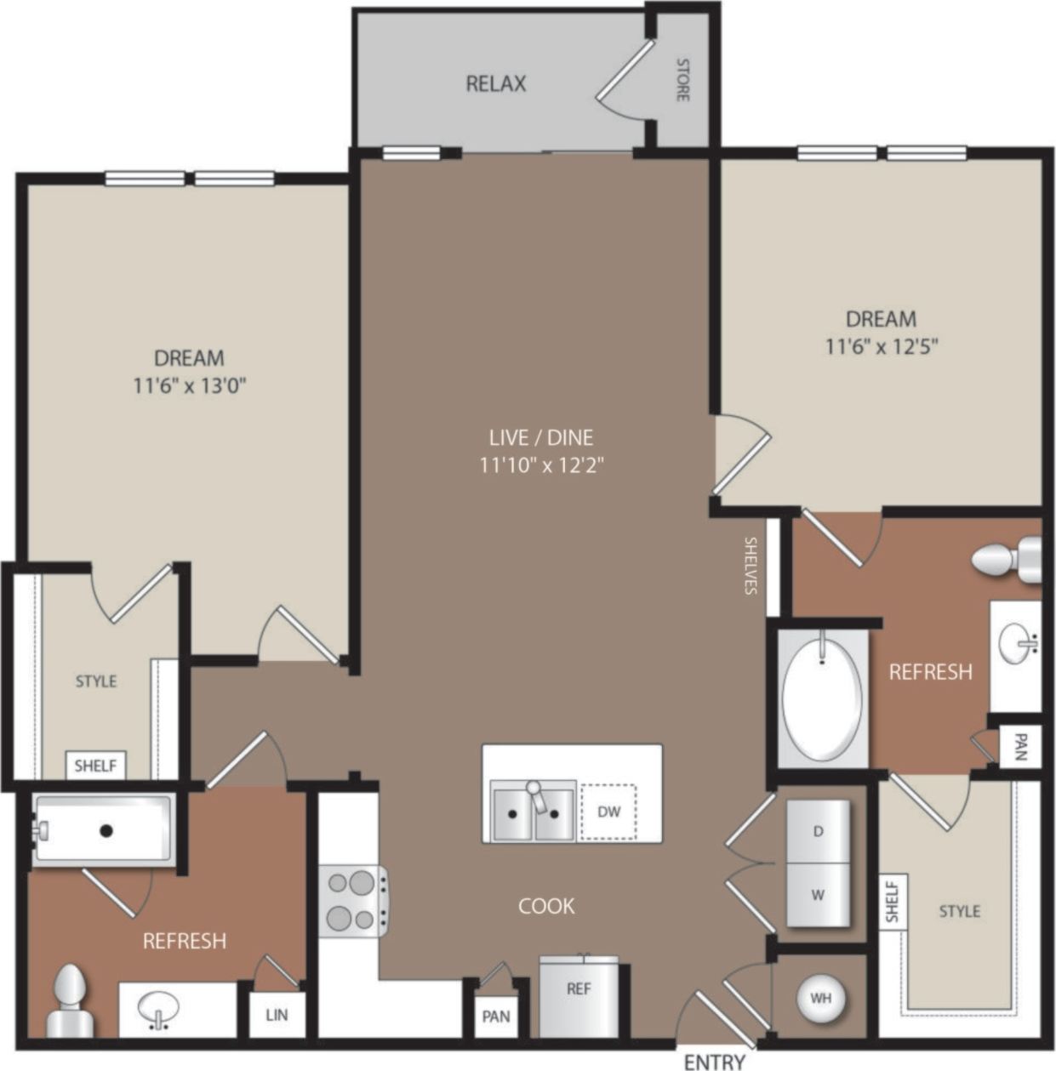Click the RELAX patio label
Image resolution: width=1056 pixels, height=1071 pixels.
496,83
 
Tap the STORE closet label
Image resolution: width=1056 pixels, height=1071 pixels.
682,79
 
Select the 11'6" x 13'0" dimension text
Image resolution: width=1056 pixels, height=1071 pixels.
189,386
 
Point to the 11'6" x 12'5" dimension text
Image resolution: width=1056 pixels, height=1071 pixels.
881,347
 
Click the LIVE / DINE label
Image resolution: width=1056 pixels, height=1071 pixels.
541,437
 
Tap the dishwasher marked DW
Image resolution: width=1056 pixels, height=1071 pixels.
608,812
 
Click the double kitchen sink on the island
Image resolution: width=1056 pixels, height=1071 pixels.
533,813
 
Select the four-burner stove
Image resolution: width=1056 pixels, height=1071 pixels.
353,901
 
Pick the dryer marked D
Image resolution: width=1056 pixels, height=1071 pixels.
818,831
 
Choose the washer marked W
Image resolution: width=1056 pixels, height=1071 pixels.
818,895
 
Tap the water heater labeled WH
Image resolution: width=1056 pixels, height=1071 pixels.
820,998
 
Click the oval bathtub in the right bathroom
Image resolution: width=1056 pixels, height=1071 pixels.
821,697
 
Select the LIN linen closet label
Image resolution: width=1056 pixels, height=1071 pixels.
277,1015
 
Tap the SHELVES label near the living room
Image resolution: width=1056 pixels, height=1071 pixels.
751,565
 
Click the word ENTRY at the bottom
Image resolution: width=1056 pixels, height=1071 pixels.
714,1061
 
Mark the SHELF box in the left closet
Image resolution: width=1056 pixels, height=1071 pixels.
95,766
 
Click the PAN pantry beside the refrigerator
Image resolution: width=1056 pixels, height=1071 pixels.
496,1016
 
